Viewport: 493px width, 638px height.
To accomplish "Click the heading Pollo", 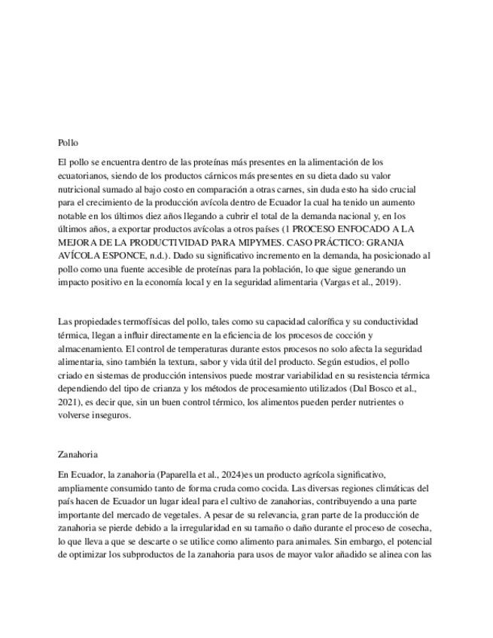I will pos(68,142).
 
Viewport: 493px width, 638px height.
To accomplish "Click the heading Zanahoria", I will pos(78,454).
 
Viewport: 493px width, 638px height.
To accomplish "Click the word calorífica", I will pos(324,321).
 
